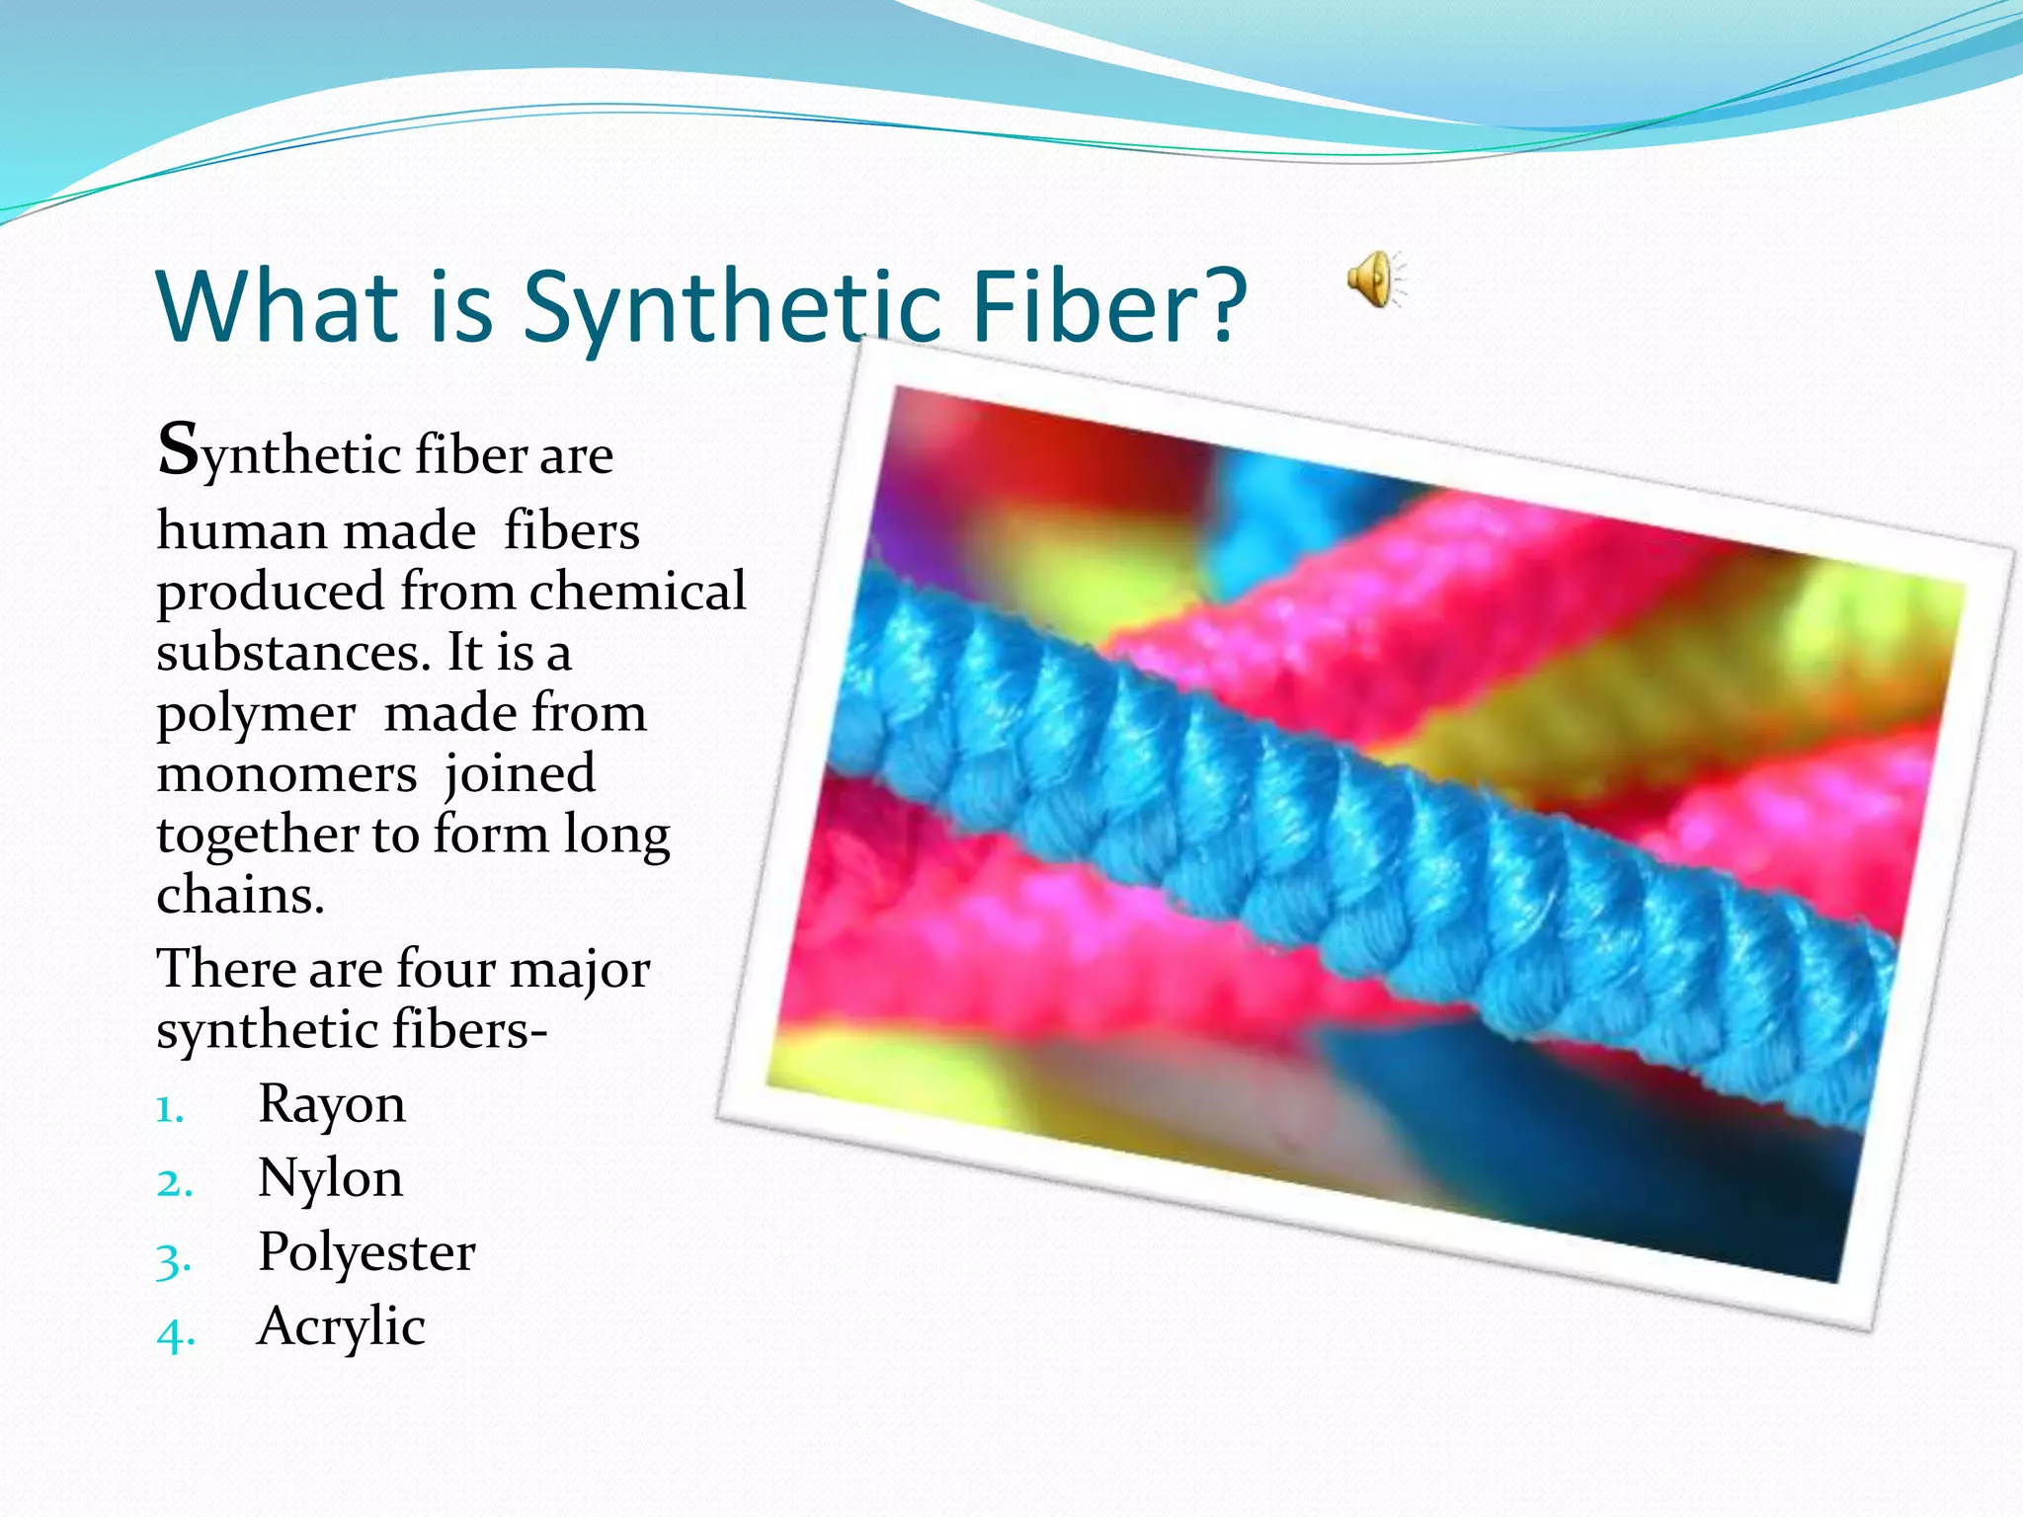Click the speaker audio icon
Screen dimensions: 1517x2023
[1376, 279]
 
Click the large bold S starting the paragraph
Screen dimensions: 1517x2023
[179, 449]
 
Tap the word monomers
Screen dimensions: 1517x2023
[286, 774]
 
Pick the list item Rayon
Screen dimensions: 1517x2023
[331, 1104]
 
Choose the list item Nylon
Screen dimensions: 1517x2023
[330, 1179]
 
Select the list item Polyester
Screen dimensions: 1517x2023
[366, 1253]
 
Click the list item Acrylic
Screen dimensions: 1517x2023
[341, 1326]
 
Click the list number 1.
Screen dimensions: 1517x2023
[170, 1111]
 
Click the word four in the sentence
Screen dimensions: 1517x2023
[445, 969]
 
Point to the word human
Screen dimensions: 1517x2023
[241, 531]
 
